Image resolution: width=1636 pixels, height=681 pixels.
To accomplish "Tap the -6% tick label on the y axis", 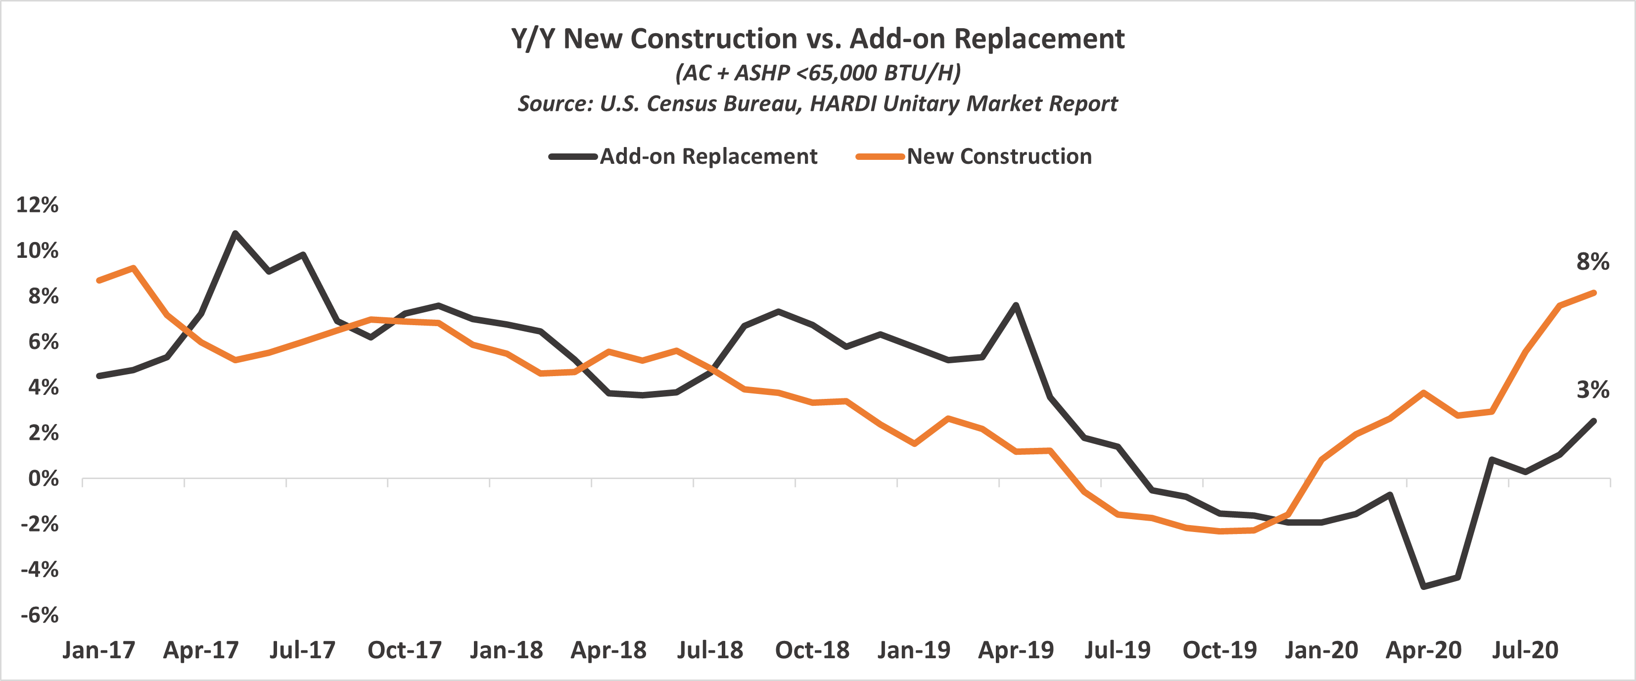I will (x=40, y=615).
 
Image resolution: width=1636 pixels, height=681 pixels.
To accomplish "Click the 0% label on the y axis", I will (x=43, y=479).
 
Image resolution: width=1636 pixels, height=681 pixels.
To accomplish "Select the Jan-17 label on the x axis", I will (x=98, y=650).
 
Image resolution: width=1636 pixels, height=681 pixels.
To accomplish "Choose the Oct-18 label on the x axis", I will (x=812, y=650).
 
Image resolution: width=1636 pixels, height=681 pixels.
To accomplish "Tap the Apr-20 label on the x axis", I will (x=1423, y=650).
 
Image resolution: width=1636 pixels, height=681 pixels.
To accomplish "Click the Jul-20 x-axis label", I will (x=1525, y=650).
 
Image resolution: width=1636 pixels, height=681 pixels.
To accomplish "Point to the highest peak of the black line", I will (x=235, y=233).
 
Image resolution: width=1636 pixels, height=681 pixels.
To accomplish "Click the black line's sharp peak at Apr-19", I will (x=1016, y=305).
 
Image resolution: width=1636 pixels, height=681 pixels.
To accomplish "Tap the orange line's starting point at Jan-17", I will (x=99, y=280).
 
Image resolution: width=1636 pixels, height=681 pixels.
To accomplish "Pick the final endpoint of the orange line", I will (x=1594, y=293).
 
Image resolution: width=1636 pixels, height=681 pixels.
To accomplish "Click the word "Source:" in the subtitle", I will (x=555, y=103).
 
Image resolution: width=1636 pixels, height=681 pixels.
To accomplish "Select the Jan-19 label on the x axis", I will (x=913, y=650).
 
